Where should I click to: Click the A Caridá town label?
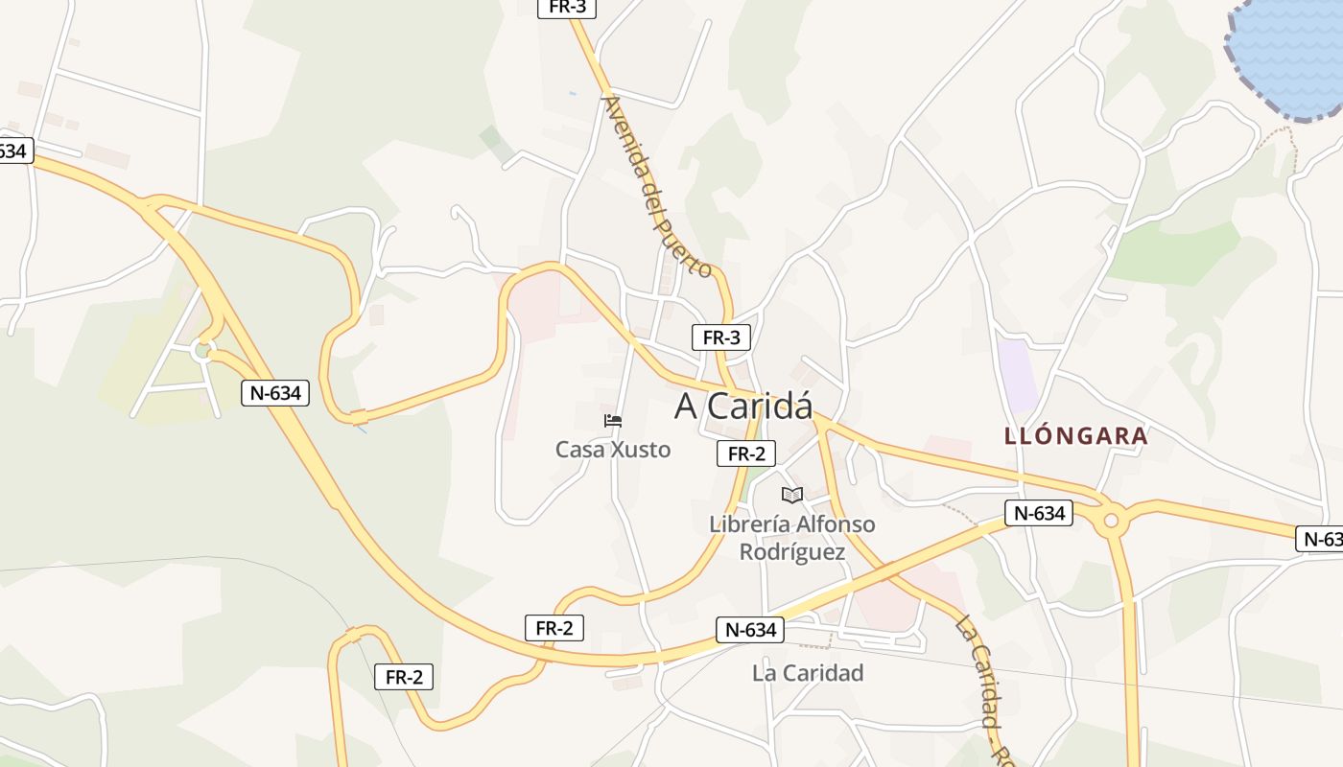743,407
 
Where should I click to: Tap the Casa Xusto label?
613,449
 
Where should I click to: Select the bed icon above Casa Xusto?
613,421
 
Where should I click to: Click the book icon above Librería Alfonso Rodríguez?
791,495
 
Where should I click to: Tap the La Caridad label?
808,673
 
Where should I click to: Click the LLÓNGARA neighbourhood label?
1075,436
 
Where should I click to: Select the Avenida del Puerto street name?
657,185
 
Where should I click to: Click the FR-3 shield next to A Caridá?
721,337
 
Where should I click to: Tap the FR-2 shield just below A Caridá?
746,454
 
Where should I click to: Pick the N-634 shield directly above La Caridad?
750,630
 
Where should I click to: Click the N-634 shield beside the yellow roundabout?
1039,513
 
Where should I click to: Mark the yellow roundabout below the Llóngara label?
1111,521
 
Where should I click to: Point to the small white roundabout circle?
202,350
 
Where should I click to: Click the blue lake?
1290,53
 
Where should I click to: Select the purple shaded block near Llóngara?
1017,374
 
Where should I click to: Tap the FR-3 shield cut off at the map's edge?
568,8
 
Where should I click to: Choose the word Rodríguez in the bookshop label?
792,552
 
